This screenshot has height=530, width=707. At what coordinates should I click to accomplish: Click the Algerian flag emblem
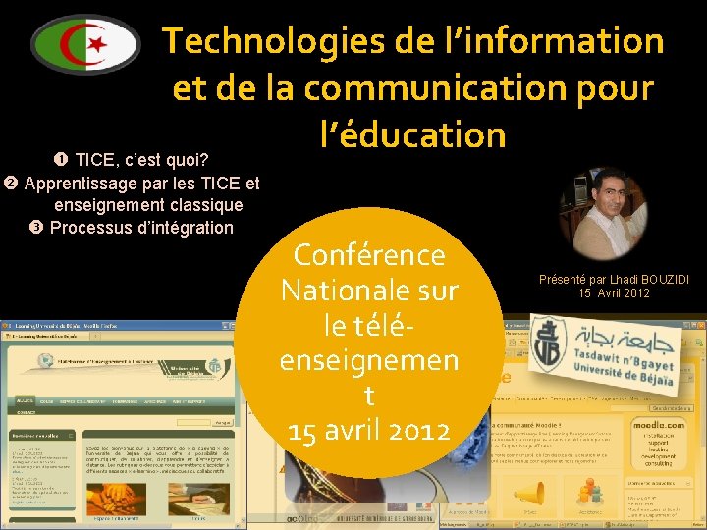click(x=85, y=44)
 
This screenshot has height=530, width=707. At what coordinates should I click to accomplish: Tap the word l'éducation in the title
click(x=412, y=133)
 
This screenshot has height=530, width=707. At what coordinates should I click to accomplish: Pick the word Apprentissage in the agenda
click(x=80, y=184)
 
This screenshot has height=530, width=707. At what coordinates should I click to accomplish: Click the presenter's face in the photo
click(x=601, y=195)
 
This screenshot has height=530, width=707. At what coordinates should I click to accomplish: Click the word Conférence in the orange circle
click(x=369, y=255)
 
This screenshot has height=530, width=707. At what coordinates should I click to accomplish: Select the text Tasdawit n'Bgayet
click(x=622, y=359)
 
